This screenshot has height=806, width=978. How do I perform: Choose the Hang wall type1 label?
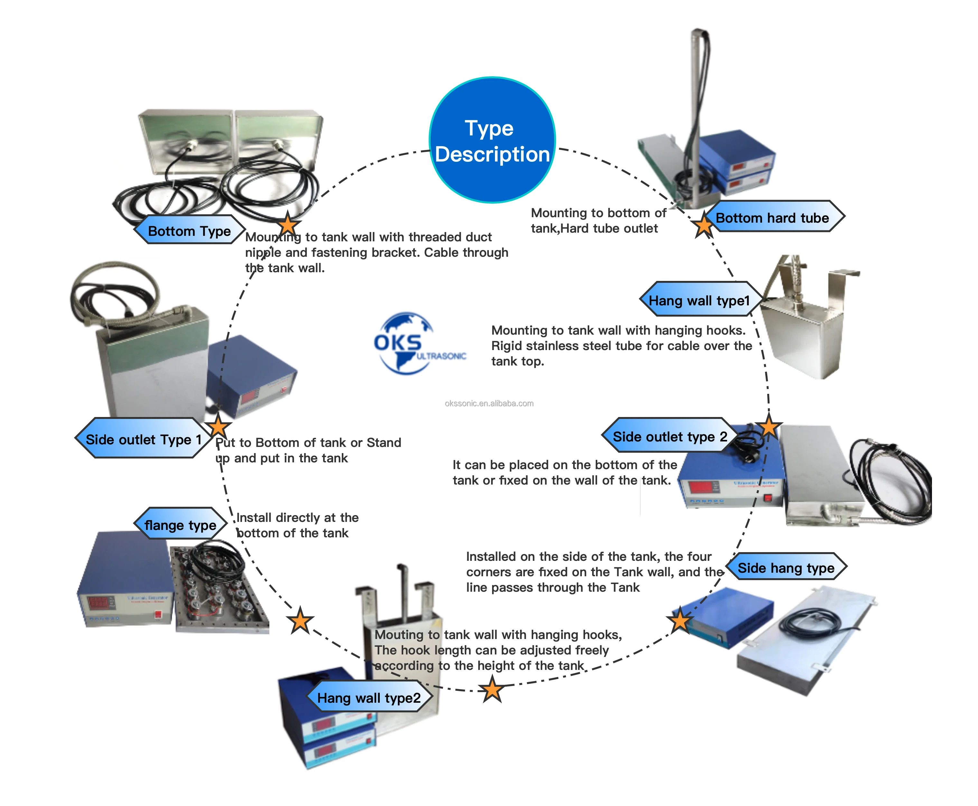point(699,301)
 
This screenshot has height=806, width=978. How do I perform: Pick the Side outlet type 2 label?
point(670,436)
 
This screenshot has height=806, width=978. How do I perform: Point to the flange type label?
point(180,525)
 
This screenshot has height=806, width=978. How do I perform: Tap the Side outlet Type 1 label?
point(143,439)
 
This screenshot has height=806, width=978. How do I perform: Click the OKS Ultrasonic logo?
point(413,344)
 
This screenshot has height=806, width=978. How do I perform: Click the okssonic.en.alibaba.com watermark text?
point(489,403)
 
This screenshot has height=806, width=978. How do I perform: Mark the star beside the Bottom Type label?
point(288,224)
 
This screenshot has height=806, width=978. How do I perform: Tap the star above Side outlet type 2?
point(768,426)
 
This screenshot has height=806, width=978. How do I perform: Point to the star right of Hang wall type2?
point(492,689)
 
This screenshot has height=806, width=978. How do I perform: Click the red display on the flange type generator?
point(98,603)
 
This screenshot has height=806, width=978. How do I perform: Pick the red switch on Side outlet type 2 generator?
point(768,498)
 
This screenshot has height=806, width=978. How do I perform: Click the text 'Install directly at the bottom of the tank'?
point(297,525)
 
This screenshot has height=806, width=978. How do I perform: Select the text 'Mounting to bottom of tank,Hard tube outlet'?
point(598,220)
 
